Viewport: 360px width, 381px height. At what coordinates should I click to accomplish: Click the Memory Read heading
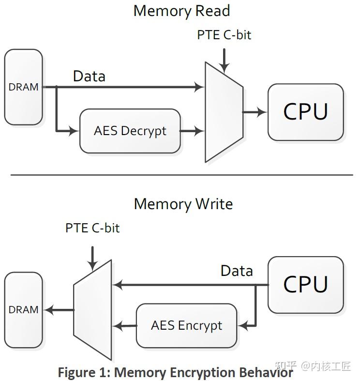(181, 11)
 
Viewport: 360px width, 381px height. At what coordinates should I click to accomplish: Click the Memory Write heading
(183, 203)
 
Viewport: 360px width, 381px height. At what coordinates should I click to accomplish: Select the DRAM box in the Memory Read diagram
(24, 87)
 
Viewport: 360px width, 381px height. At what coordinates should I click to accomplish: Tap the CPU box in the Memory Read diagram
(305, 112)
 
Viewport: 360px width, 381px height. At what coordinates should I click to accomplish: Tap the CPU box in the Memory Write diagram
(305, 285)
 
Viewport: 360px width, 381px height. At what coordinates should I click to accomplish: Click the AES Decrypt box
(130, 131)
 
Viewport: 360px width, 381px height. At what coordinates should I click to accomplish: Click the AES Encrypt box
(186, 325)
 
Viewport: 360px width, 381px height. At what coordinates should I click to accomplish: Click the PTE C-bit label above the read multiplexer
(224, 35)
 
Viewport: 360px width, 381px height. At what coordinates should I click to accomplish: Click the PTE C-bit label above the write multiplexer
(92, 228)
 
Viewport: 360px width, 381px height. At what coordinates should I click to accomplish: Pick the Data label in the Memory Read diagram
(89, 76)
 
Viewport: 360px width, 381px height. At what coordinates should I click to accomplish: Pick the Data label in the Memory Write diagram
(237, 271)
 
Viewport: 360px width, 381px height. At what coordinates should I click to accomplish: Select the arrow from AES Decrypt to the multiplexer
(192, 131)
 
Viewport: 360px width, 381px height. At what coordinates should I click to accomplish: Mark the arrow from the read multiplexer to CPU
(255, 112)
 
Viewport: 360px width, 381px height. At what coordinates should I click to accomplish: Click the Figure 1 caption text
(175, 372)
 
